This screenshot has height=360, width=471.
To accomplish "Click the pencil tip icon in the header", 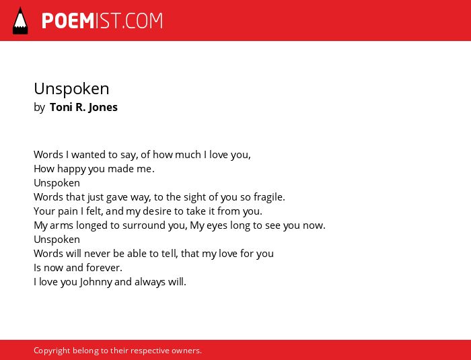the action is click(20, 20).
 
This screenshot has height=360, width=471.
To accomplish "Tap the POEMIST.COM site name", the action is click(102, 21).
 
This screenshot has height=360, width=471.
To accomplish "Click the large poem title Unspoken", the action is click(71, 89).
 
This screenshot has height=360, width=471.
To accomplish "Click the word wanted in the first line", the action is click(88, 155).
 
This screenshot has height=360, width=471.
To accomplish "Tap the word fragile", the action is click(269, 197).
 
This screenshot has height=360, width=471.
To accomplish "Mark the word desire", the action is click(157, 211).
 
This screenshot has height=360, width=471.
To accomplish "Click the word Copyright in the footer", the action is click(52, 351).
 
